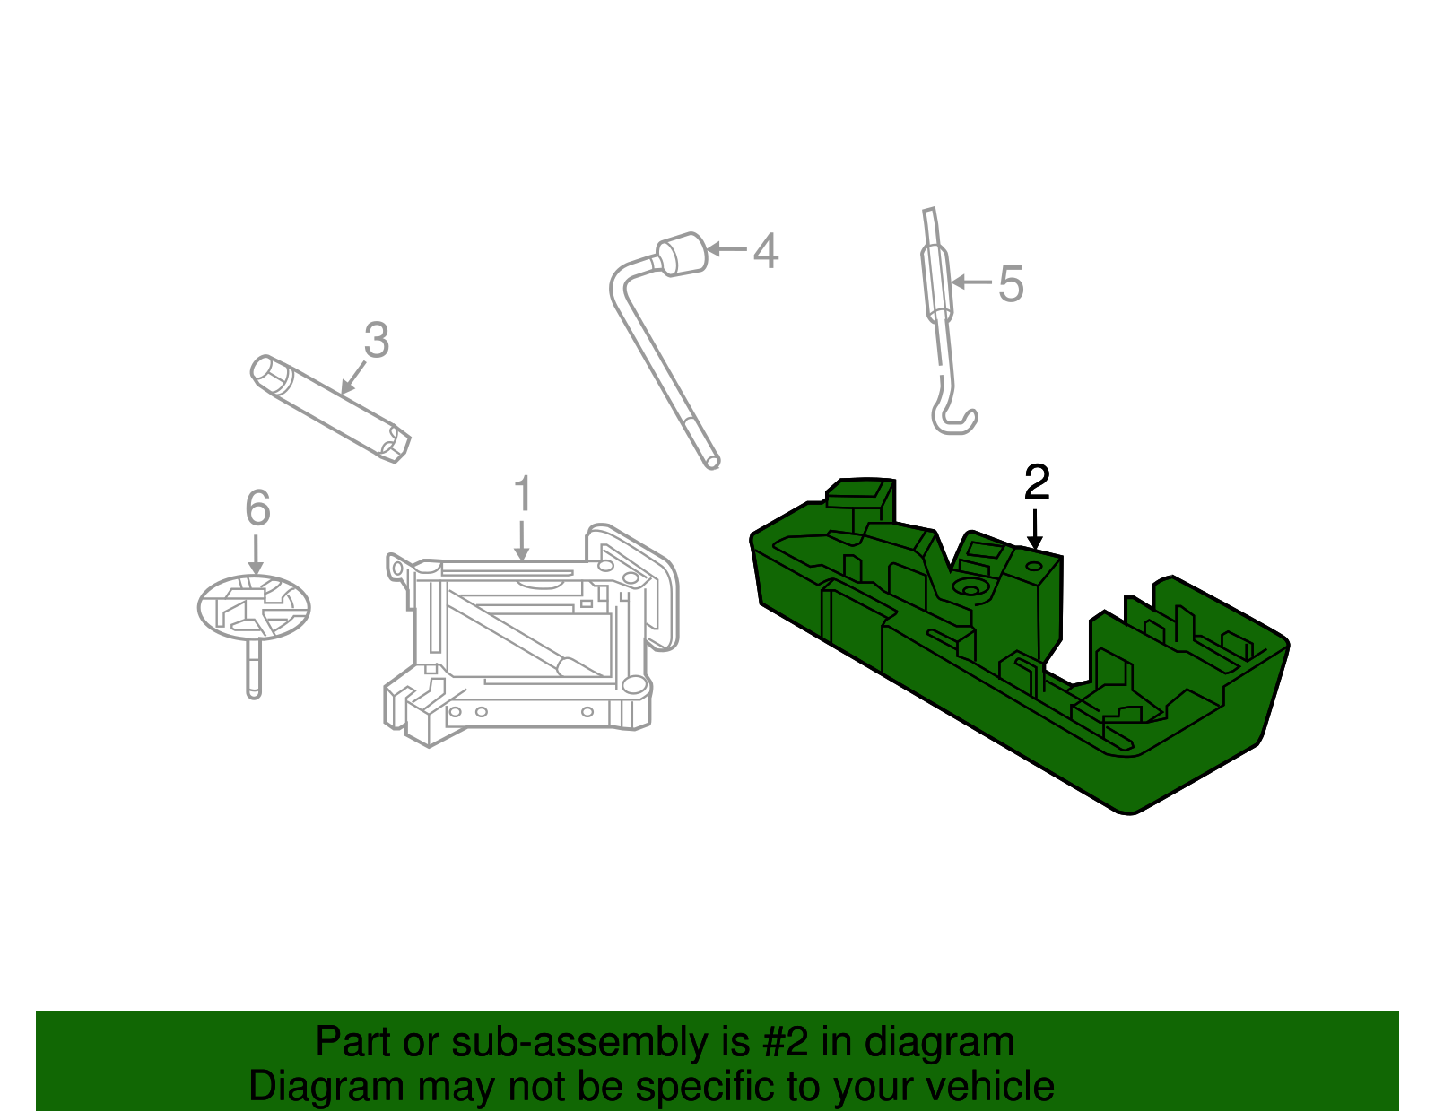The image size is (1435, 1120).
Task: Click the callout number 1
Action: coord(523,495)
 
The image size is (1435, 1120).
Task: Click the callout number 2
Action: coord(1037,483)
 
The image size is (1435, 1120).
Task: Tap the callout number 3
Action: coord(377,341)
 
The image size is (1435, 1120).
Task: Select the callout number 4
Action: coord(765,250)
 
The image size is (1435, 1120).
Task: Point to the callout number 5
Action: coord(1011,284)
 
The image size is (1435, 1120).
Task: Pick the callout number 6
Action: coord(257,508)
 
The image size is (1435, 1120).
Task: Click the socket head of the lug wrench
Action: coord(683,254)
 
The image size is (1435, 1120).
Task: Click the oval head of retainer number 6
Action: coord(254,607)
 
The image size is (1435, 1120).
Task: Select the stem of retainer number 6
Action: coord(254,668)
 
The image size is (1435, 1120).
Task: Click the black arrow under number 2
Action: coord(1036,529)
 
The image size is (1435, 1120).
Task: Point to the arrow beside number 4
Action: coord(727,248)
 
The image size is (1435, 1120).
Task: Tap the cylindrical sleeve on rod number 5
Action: coord(935,282)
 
